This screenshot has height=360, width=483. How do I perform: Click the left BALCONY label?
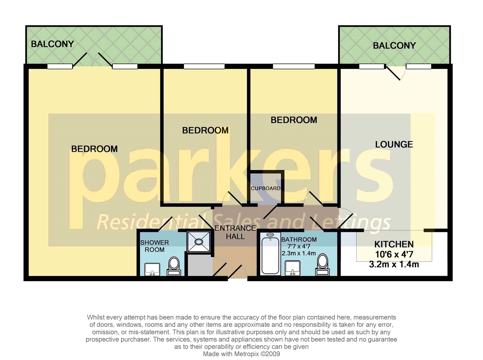pyautogui.click(x=52, y=44)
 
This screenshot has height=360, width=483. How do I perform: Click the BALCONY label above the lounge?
pyautogui.click(x=394, y=46)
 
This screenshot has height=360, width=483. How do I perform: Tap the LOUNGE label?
pyautogui.click(x=394, y=144)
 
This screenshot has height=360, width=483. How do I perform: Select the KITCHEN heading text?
pyautogui.click(x=394, y=244)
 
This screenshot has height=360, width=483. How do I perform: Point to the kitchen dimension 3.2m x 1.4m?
pyautogui.click(x=394, y=264)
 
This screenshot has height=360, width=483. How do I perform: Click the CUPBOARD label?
pyautogui.click(x=266, y=188)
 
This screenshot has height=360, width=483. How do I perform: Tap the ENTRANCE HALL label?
pyautogui.click(x=235, y=232)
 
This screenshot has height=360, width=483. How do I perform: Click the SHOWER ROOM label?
pyautogui.click(x=155, y=246)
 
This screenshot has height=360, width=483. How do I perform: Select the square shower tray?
pyautogui.click(x=199, y=242)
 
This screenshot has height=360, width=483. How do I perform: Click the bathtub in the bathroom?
pyautogui.click(x=270, y=254)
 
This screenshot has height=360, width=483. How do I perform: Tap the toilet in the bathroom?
pyautogui.click(x=322, y=265)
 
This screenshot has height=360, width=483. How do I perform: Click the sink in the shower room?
pyautogui.click(x=153, y=269)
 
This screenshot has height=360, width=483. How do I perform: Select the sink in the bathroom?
pyautogui.click(x=293, y=268)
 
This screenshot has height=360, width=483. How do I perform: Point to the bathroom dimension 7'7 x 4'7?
pyautogui.click(x=299, y=246)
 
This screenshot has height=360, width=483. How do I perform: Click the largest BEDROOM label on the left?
pyautogui.click(x=94, y=149)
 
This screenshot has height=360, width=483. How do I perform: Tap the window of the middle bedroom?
pyautogui.click(x=204, y=67)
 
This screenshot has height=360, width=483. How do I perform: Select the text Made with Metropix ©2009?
pyautogui.click(x=241, y=354)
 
